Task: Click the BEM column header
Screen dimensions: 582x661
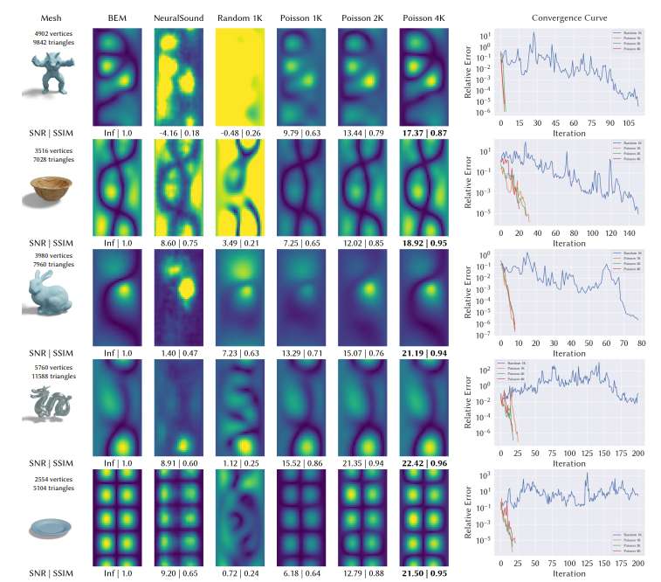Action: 117,17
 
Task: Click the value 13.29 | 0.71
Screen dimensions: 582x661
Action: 298,352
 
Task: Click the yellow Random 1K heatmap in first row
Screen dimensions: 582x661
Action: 237,76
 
